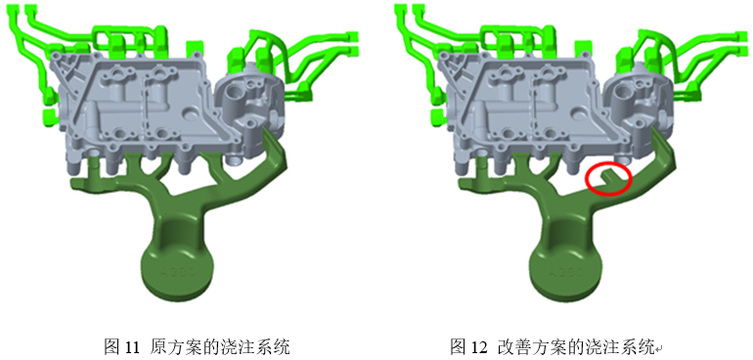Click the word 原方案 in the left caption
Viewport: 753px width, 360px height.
click(x=171, y=346)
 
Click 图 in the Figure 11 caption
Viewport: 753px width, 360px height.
click(x=111, y=346)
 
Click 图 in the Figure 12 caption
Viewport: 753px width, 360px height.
click(x=458, y=346)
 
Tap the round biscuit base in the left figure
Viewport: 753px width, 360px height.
click(x=177, y=272)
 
